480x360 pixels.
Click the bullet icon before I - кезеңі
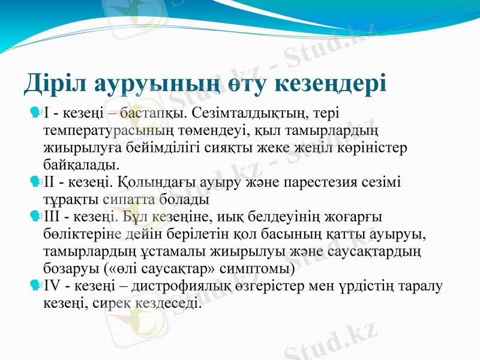pyautogui.click(x=35, y=112)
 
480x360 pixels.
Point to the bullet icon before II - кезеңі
pyautogui.click(x=35, y=180)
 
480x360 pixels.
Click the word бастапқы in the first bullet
pyautogui.click(x=146, y=113)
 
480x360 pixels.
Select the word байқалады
pyautogui.click(x=80, y=164)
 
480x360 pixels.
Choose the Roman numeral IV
pyautogui.click(x=52, y=285)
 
